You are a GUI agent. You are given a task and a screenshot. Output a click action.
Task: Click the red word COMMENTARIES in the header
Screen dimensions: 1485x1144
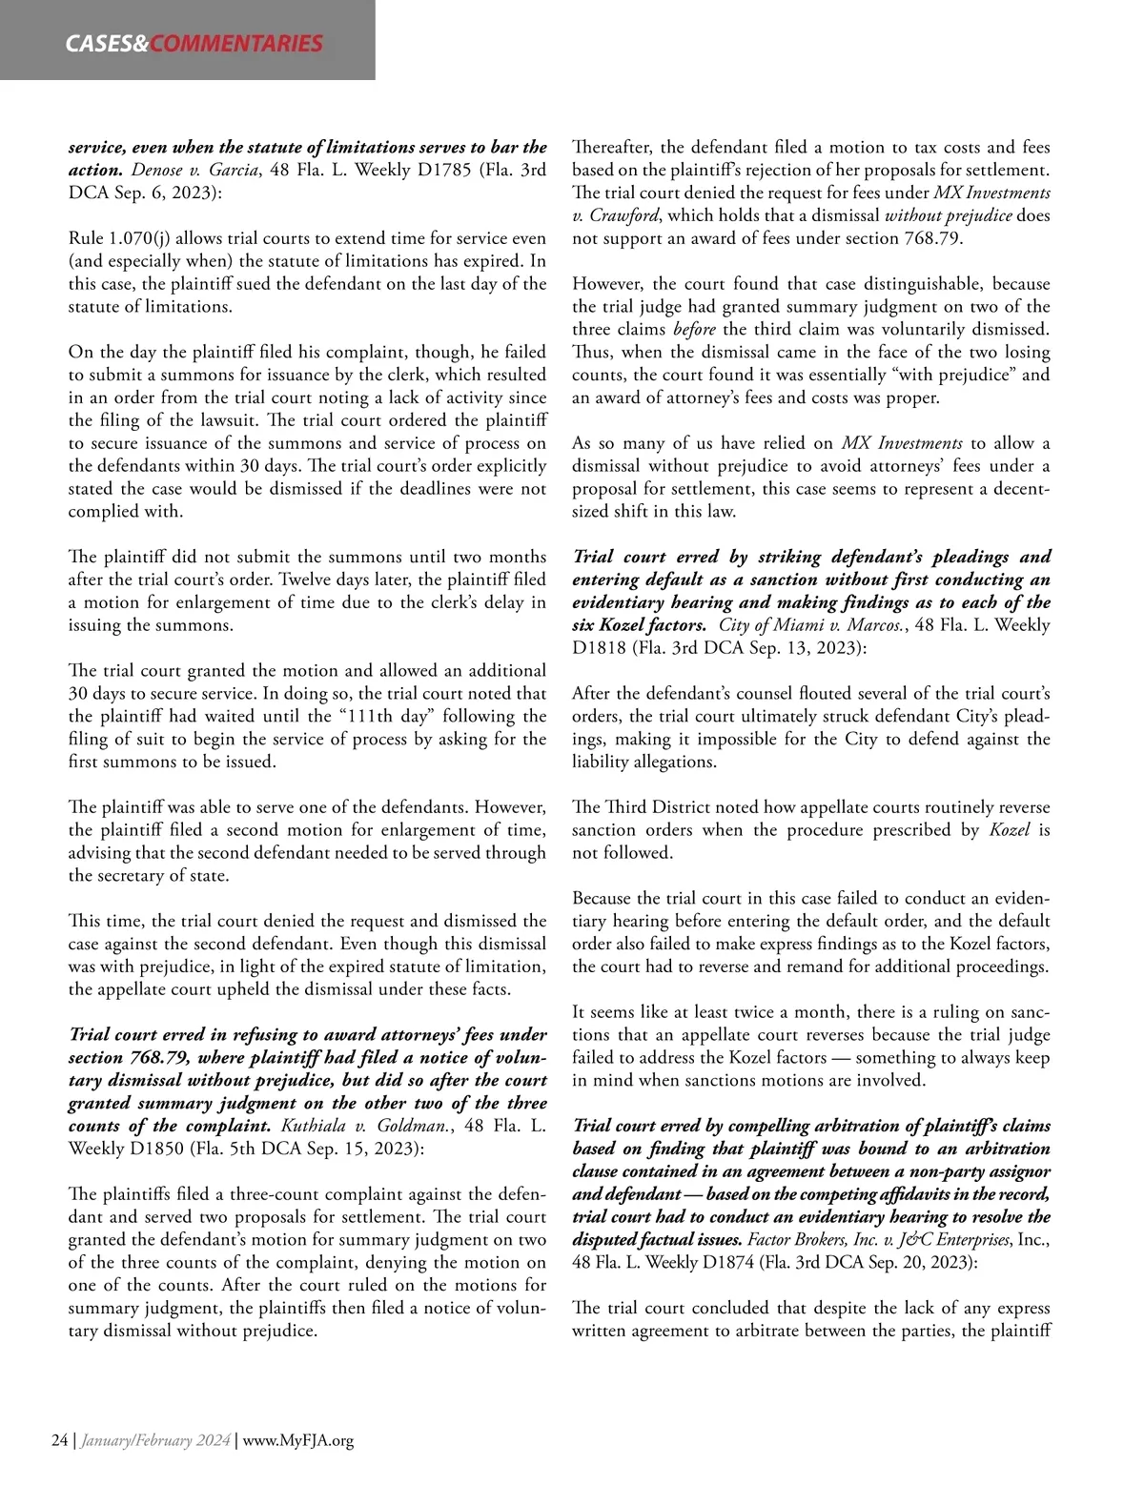pos(236,43)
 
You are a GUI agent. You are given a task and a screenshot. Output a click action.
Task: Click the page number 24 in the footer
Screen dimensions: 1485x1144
pos(59,1440)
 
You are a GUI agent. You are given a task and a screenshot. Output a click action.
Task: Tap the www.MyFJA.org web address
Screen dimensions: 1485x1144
pos(298,1440)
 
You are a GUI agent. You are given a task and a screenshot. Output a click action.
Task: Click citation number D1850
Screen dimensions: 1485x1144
pos(155,1149)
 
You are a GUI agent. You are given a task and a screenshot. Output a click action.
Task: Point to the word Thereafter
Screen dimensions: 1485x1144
pos(611,148)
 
